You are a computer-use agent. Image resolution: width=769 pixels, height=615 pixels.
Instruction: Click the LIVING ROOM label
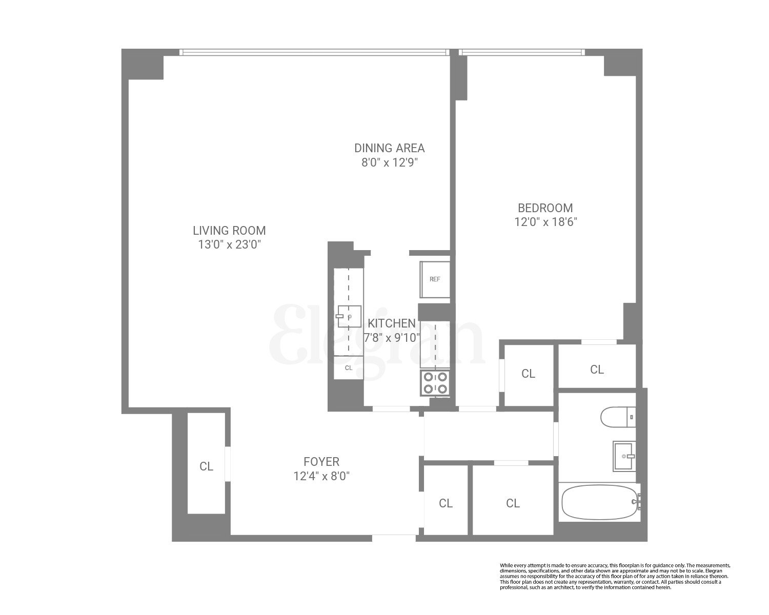click(229, 231)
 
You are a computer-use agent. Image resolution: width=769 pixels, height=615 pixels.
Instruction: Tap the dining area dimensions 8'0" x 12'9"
click(390, 162)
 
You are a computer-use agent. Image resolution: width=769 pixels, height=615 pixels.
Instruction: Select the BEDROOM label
click(545, 208)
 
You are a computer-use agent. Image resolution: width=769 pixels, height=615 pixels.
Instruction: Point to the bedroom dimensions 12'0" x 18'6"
click(545, 222)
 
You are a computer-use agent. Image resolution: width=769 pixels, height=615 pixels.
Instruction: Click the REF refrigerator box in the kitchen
click(435, 279)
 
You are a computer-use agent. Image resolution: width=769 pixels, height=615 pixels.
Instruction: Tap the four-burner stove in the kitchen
click(435, 383)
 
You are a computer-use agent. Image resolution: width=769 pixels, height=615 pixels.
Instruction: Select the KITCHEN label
click(392, 323)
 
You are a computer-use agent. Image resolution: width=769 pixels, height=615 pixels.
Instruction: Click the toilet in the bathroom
click(618, 416)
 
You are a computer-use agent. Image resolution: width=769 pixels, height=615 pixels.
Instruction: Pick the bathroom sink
click(624, 456)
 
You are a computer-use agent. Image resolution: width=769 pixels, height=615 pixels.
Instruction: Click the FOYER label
click(321, 462)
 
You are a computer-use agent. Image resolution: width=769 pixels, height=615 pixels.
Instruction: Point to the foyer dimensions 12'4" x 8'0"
click(321, 476)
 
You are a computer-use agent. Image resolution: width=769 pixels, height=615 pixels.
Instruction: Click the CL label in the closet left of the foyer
click(206, 466)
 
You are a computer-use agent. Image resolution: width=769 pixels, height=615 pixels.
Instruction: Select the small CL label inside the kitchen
click(349, 368)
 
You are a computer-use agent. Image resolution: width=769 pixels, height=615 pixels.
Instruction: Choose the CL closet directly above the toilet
click(597, 369)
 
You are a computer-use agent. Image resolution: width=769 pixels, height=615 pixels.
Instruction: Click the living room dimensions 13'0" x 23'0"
click(230, 244)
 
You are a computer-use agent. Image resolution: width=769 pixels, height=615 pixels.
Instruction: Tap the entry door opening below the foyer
click(394, 538)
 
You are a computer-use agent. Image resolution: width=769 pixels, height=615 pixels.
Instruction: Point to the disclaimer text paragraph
click(615, 576)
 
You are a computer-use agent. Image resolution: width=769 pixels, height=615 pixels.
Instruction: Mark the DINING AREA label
click(390, 148)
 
